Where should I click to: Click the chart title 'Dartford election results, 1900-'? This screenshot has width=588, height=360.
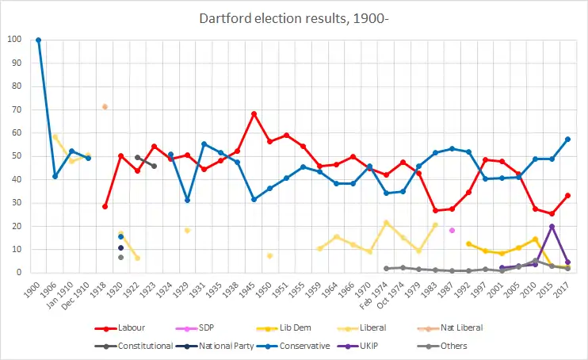click(294, 17)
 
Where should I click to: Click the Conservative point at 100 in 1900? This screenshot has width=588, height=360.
click(38, 40)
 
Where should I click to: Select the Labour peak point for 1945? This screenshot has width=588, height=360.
click(254, 113)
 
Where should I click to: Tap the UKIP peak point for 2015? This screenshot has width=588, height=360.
click(552, 226)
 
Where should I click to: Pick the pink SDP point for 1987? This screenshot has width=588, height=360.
click(452, 230)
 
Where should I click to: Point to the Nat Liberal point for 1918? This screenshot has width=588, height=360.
click(105, 106)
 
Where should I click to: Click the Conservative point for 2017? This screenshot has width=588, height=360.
click(568, 139)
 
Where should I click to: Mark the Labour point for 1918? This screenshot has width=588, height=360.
click(105, 206)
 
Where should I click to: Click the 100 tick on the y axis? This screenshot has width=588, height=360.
click(15, 40)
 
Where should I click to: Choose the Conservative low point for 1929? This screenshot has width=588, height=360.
click(187, 200)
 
